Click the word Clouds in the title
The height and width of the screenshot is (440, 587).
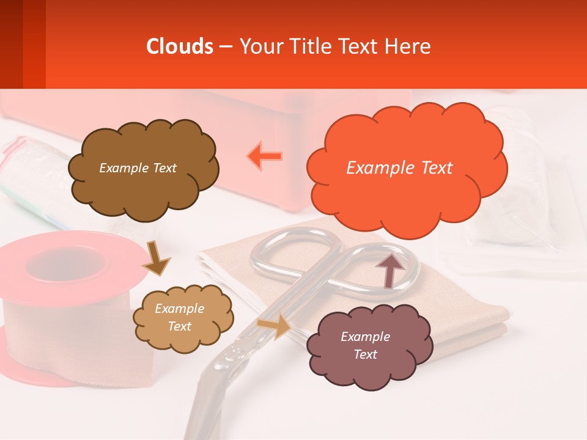[180, 46]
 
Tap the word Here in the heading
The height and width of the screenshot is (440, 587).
[408, 46]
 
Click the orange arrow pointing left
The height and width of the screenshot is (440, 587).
[265, 156]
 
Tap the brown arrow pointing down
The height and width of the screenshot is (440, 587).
[156, 258]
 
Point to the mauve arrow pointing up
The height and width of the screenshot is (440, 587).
[389, 270]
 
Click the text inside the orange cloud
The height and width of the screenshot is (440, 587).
[399, 168]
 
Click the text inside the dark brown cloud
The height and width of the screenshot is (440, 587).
[138, 168]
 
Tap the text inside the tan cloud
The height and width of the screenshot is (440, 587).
[179, 317]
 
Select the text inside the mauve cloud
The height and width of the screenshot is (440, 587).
[365, 345]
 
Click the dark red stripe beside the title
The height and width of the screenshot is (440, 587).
[11, 44]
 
